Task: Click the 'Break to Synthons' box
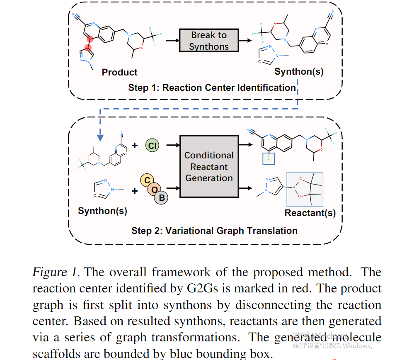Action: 209,40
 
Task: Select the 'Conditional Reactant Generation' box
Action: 209,166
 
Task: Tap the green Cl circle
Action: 153,146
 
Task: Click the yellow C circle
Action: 147,180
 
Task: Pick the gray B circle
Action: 162,197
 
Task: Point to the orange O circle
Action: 154,189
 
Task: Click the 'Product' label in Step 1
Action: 119,72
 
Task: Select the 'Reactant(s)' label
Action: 310,213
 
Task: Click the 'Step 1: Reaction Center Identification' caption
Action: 212,88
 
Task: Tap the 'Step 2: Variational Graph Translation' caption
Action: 214,231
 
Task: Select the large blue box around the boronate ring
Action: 305,189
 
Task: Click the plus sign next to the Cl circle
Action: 135,146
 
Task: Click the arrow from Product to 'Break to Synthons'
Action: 171,40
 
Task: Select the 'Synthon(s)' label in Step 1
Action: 299,71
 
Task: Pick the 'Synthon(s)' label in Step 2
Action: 102,211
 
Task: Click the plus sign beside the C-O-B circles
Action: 135,191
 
